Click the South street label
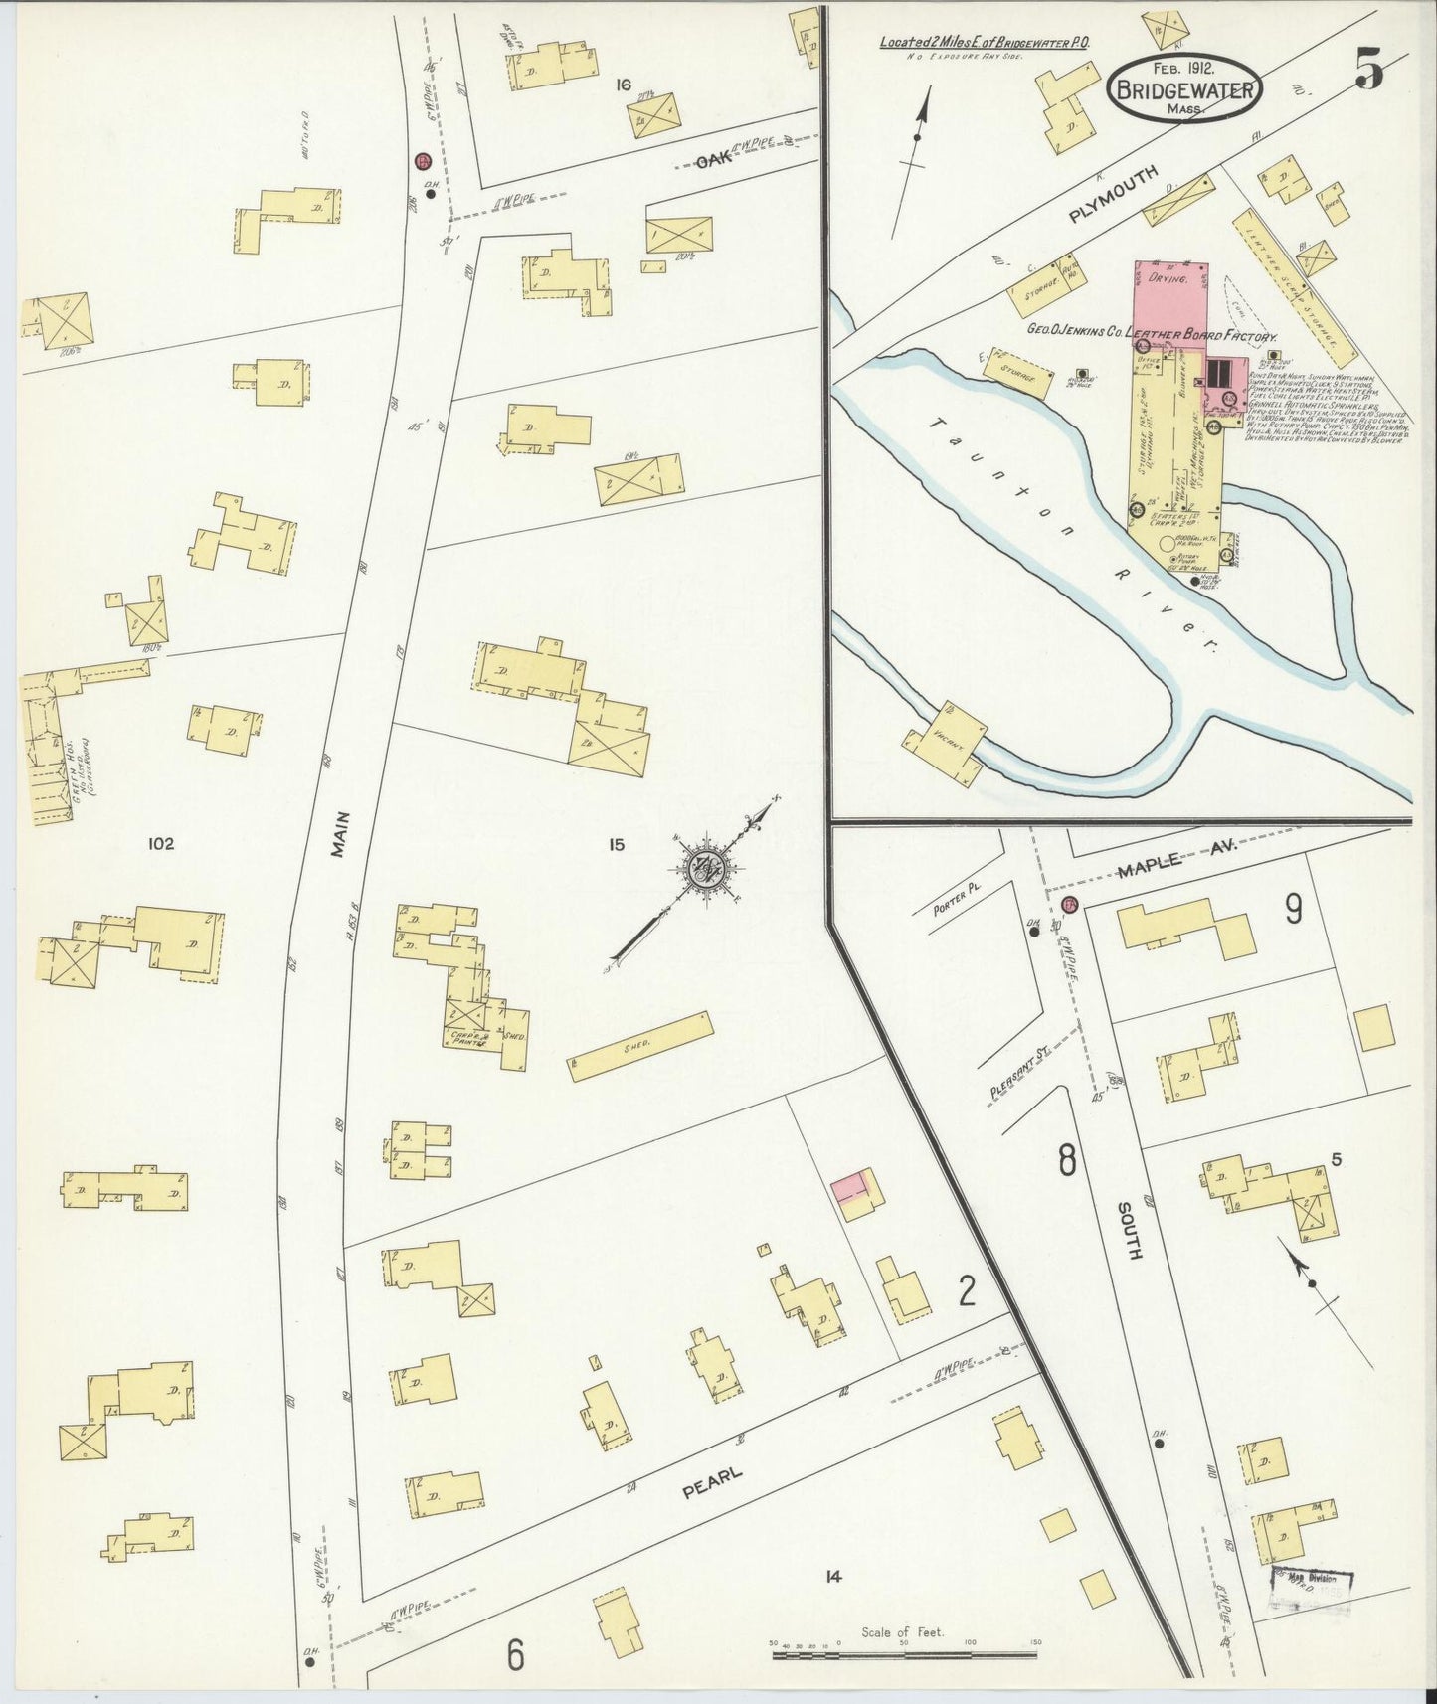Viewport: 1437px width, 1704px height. point(1127,1230)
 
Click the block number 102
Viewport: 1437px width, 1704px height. point(160,844)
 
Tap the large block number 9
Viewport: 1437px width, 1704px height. point(1293,908)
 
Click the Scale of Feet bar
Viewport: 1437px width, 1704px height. point(903,1656)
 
